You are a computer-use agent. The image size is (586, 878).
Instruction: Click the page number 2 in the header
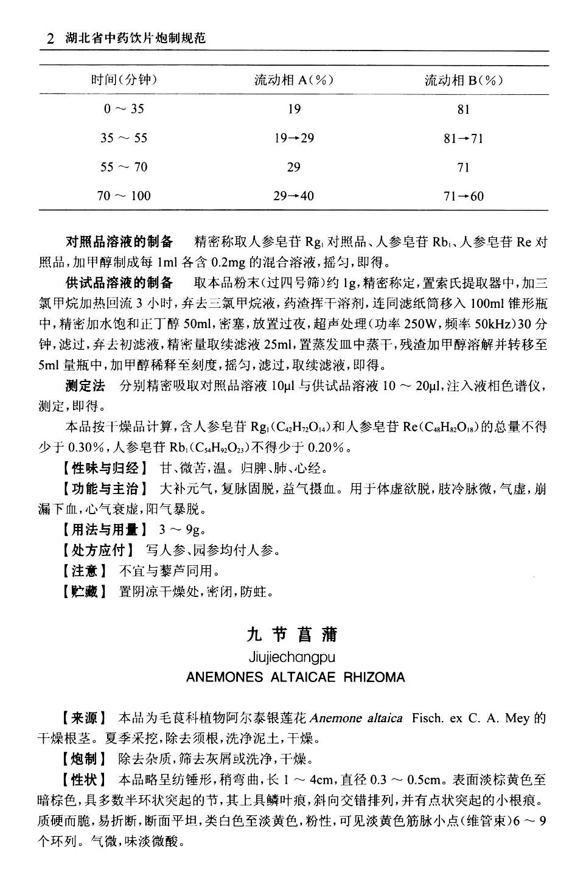[51, 39]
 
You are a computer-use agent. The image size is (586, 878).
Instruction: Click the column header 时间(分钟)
[124, 80]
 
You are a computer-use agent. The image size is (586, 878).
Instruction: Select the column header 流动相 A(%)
[294, 80]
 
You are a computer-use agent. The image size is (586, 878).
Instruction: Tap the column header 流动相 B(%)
[464, 80]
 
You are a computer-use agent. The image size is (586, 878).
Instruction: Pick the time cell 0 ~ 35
[124, 109]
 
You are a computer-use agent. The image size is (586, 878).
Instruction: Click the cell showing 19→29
[294, 138]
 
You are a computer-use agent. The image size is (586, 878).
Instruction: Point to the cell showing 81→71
[464, 138]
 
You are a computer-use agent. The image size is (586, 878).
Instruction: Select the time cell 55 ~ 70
[124, 167]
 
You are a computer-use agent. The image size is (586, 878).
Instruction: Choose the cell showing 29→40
[294, 196]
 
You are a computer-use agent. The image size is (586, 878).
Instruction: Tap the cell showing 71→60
[464, 196]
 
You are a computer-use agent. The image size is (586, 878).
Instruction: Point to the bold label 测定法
[85, 386]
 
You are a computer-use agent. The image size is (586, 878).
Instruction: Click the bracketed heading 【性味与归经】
[104, 469]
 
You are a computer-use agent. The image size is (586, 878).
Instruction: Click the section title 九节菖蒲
[292, 635]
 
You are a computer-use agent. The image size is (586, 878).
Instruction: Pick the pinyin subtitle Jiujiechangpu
[292, 657]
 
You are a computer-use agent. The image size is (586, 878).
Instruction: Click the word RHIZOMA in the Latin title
[374, 677]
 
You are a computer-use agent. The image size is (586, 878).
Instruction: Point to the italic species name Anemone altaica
[356, 718]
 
